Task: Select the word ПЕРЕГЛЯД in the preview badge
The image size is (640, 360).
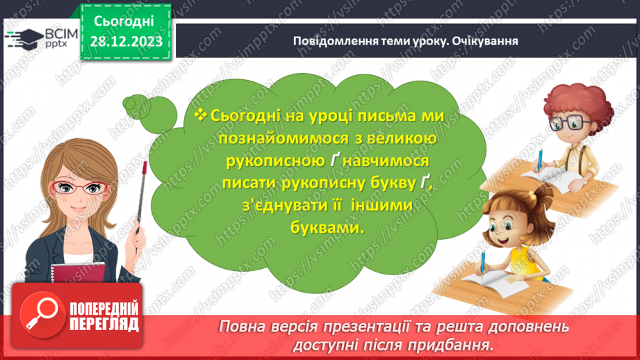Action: pyautogui.click(x=103, y=325)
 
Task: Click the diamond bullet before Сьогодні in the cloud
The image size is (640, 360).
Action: pyautogui.click(x=202, y=115)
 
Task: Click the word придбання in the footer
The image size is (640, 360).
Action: pyautogui.click(x=453, y=344)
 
